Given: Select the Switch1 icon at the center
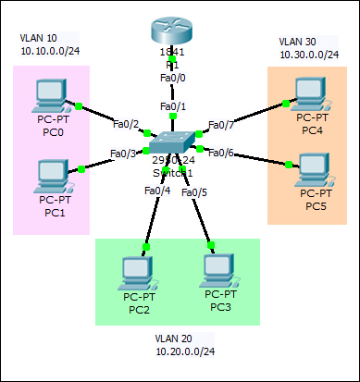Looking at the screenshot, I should tap(171, 143).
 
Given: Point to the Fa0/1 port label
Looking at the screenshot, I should tap(172, 107).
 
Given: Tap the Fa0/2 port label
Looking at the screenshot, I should tap(125, 124).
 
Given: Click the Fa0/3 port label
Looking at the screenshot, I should tap(123, 154).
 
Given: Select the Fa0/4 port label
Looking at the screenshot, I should tap(157, 191).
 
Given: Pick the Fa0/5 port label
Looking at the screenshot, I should tap(194, 192).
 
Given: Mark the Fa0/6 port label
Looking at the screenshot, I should tap(221, 153).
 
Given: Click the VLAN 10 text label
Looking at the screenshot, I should tap(39, 39).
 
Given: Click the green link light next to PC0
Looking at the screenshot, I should tap(80, 107).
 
